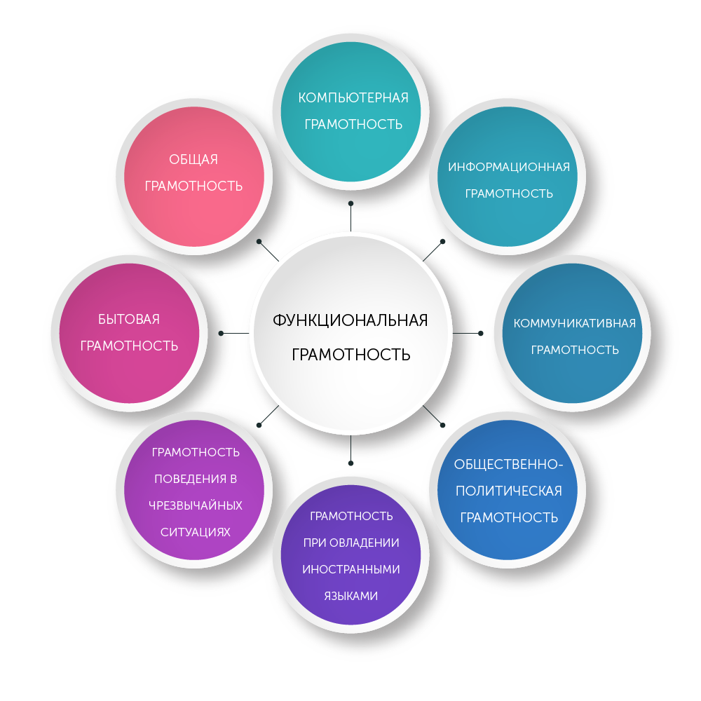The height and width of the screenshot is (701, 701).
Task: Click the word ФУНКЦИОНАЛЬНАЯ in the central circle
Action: [x=350, y=320]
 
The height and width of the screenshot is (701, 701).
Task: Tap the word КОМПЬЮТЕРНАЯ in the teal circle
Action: [x=353, y=97]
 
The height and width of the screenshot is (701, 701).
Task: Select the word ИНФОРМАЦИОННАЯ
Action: [x=508, y=168]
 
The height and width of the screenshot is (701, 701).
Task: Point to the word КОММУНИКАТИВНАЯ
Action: [x=574, y=323]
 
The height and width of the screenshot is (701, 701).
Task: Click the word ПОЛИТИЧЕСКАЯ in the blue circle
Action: [x=508, y=491]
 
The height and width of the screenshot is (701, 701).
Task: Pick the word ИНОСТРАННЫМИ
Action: [x=351, y=569]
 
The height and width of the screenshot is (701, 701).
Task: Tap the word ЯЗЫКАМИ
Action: [x=351, y=596]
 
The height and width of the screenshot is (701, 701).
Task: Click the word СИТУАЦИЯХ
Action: [x=196, y=532]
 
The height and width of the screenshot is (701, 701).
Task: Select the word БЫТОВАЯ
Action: [x=129, y=320]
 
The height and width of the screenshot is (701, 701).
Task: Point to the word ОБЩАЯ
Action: [x=193, y=160]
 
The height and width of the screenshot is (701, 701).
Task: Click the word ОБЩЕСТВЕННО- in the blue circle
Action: [x=508, y=464]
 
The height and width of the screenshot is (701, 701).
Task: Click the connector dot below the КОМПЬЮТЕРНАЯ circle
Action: [x=350, y=203]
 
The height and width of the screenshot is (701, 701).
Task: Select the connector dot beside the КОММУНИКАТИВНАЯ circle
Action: [x=480, y=333]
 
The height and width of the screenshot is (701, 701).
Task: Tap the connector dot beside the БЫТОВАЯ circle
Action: [x=222, y=333]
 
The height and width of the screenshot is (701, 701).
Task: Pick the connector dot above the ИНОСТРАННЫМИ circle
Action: [x=350, y=463]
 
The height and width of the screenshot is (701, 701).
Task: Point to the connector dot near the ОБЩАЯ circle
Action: [x=259, y=241]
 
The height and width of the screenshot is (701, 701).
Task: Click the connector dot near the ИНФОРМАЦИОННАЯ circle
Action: [x=443, y=241]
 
